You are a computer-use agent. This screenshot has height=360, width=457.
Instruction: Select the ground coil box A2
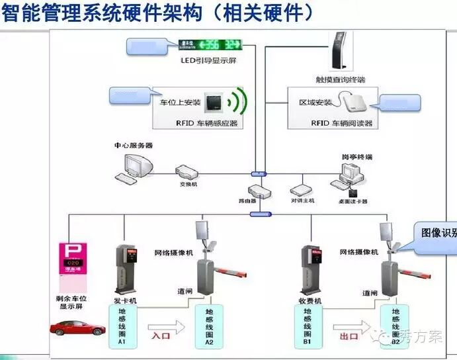[x=209, y=327]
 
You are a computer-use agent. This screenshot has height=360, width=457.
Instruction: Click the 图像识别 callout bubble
[x=437, y=234]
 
